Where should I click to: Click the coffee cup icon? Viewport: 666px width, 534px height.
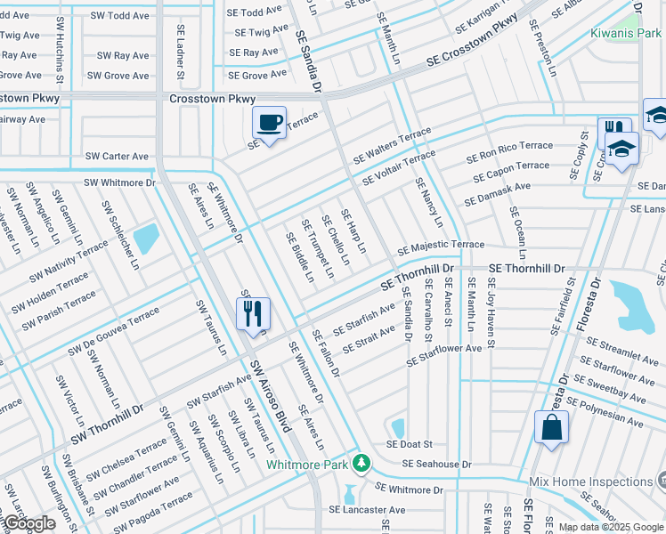pos(270,122)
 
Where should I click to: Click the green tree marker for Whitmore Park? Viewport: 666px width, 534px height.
pos(361,464)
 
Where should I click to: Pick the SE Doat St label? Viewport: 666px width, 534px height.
pos(409,444)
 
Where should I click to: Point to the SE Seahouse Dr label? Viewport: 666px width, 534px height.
pos(436,465)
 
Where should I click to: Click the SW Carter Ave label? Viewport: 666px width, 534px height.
pos(117,157)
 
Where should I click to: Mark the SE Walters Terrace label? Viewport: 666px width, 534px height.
pos(392,146)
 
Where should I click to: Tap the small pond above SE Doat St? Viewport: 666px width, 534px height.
pos(397,427)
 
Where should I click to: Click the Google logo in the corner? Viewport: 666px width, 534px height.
pos(28,524)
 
